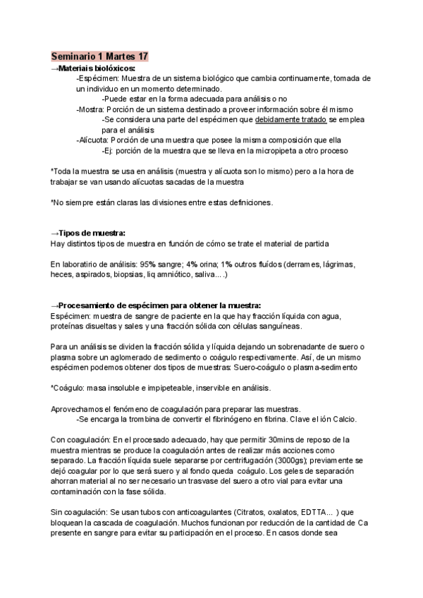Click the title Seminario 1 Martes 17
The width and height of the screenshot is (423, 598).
click(99, 56)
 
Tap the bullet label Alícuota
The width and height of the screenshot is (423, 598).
click(94, 140)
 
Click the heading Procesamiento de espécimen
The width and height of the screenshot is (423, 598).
click(155, 305)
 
